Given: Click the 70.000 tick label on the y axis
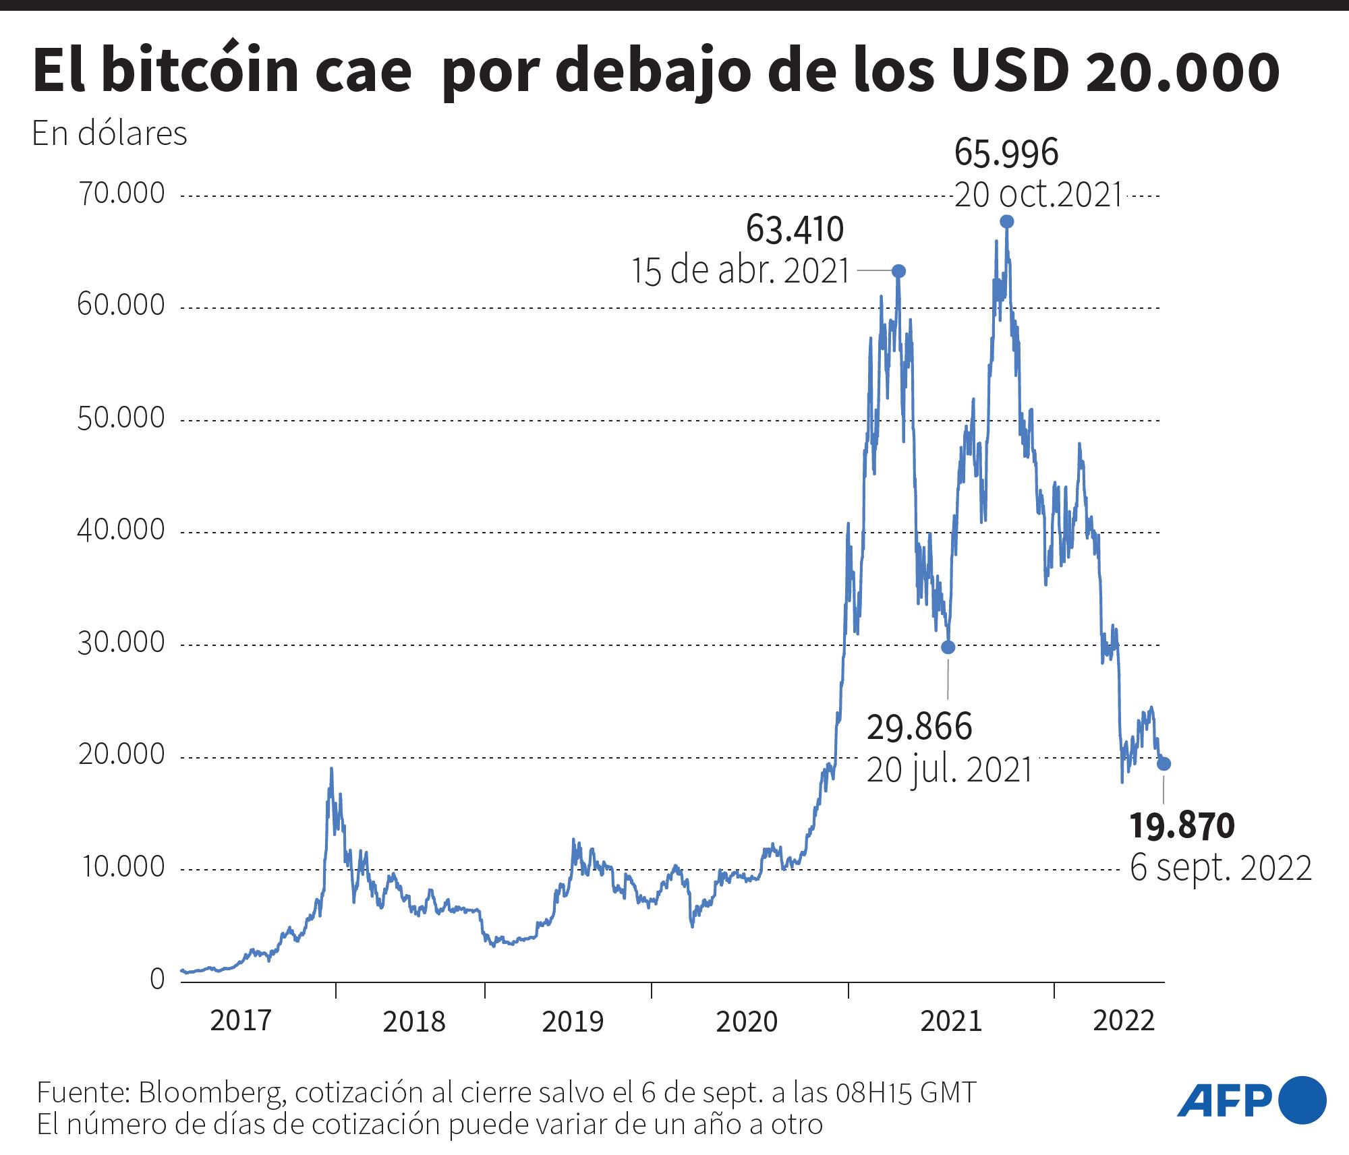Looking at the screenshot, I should pyautogui.click(x=121, y=194).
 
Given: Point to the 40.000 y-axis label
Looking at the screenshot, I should pyautogui.click(x=121, y=531).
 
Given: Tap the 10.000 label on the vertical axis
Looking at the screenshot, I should pyautogui.click(x=123, y=867).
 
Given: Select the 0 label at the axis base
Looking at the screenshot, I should pyautogui.click(x=157, y=979).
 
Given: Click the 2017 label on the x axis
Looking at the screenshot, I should pyautogui.click(x=241, y=1021).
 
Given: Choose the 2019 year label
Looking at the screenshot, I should pyautogui.click(x=573, y=1022).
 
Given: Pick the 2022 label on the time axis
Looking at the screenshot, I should pyautogui.click(x=1124, y=1021).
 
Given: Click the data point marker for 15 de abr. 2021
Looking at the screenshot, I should pyautogui.click(x=898, y=271).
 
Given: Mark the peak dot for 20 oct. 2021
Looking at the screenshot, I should pyautogui.click(x=1006, y=221).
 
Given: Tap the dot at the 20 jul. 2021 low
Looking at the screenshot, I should pyautogui.click(x=948, y=647).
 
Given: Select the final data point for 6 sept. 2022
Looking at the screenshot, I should pyautogui.click(x=1164, y=764).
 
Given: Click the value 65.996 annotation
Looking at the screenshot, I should pyautogui.click(x=1006, y=154).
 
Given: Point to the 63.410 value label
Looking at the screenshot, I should pyautogui.click(x=795, y=230).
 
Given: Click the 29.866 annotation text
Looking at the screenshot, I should pyautogui.click(x=919, y=728).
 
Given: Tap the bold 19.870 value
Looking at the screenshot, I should pyautogui.click(x=1182, y=827).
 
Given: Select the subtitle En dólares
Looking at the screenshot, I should pyautogui.click(x=109, y=134).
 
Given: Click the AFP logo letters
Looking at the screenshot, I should pyautogui.click(x=1224, y=1101).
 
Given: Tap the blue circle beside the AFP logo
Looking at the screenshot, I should pyautogui.click(x=1302, y=1100).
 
